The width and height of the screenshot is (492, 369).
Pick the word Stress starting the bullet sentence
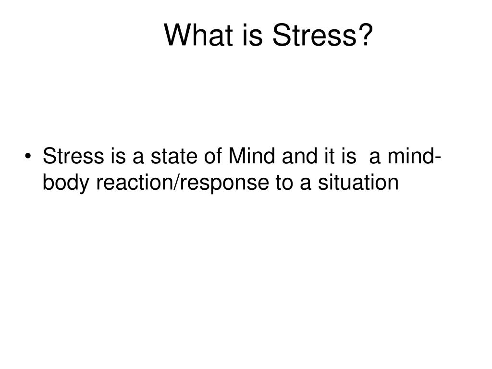pos(73,156)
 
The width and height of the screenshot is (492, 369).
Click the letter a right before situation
pos(305,184)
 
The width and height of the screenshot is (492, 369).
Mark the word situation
pos(358,182)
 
